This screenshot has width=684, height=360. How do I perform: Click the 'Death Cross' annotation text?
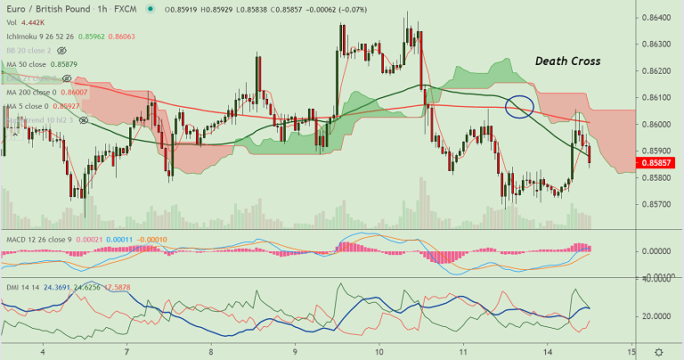click(x=567, y=61)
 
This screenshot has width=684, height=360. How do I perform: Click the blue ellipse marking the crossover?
click(x=519, y=107)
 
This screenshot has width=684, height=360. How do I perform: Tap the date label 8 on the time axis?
click(x=211, y=352)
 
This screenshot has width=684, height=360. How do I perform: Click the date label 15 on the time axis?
click(x=631, y=352)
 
